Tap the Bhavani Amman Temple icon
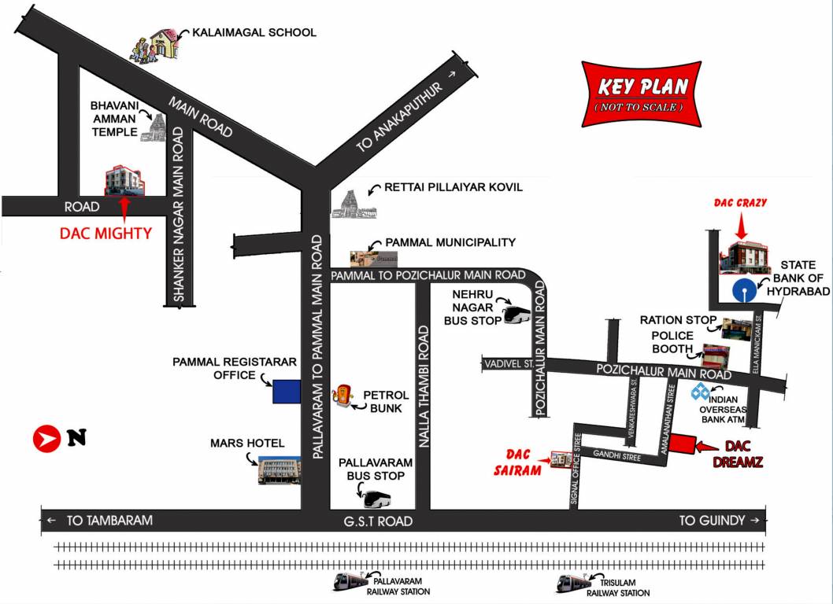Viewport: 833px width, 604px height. pos(154,127)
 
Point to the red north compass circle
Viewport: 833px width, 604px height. pos(46,439)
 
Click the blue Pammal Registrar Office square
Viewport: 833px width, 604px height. pos(287,391)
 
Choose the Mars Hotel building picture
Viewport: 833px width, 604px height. pos(279,470)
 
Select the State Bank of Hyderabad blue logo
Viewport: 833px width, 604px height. pos(742,290)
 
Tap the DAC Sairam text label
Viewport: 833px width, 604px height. pos(524,462)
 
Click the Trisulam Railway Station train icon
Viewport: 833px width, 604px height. pos(572,583)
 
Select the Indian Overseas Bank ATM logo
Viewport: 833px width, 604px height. pos(700,391)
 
